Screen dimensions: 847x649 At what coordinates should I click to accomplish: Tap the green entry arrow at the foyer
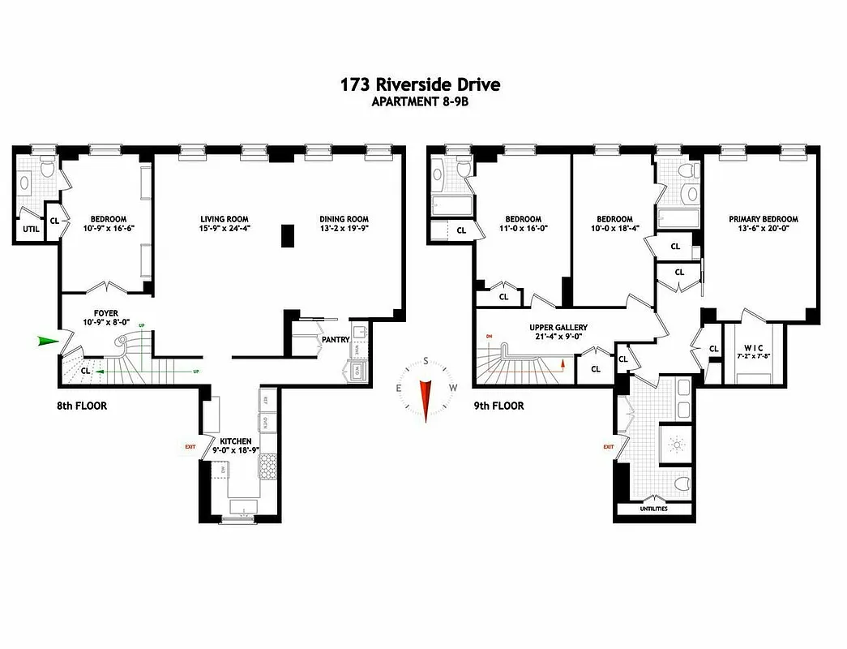click(x=49, y=342)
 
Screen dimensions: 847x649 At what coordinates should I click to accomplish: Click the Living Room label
click(x=225, y=219)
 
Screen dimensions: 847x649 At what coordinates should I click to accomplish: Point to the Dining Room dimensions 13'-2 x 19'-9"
click(x=344, y=229)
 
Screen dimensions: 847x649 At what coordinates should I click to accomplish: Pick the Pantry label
click(x=335, y=340)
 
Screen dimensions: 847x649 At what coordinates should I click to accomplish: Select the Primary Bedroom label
click(x=763, y=219)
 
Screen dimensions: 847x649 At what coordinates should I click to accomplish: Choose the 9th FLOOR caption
click(x=498, y=406)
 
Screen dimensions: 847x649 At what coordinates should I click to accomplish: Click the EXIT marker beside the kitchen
click(x=190, y=446)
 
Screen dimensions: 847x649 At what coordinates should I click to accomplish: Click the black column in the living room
click(x=287, y=234)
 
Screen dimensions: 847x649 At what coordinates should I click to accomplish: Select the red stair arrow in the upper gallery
click(x=561, y=368)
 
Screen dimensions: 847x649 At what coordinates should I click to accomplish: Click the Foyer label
click(x=106, y=312)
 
